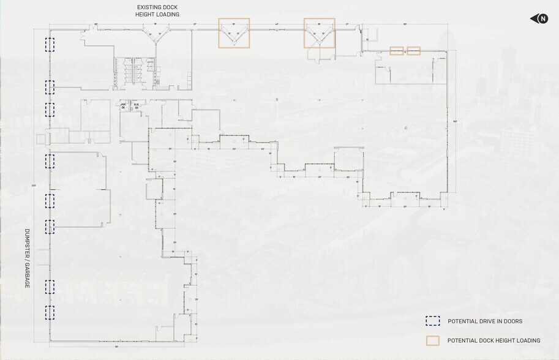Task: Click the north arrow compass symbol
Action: (x=539, y=19)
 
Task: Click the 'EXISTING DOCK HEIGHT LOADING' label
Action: (x=157, y=10)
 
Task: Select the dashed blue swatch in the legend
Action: (x=433, y=321)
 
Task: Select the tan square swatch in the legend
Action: (x=433, y=340)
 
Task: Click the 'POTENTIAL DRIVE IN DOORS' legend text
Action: (x=485, y=321)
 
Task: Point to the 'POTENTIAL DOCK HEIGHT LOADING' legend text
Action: (x=493, y=340)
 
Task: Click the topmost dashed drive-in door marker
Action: (x=50, y=45)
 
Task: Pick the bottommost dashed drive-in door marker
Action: (x=50, y=313)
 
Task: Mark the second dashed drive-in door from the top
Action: (x=50, y=87)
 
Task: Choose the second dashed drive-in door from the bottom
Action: (x=50, y=287)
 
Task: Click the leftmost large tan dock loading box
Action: (x=234, y=33)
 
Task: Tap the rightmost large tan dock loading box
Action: (x=320, y=33)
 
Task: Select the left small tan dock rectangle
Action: (x=397, y=51)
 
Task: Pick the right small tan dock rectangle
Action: (x=414, y=51)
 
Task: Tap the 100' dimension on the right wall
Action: (x=455, y=121)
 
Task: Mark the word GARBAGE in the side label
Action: (x=27, y=276)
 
